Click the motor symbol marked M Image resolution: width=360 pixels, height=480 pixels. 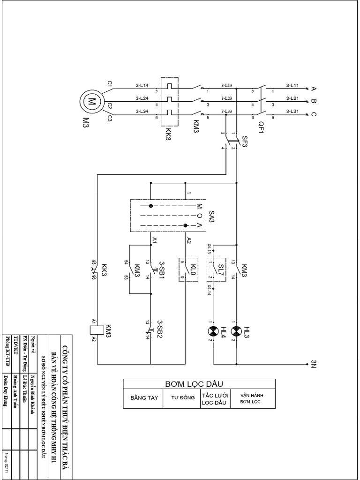[x=92, y=101]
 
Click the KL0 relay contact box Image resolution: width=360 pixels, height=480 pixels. [x=185, y=269]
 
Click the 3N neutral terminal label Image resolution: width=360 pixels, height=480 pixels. [x=314, y=365]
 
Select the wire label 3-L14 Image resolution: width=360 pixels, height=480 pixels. [x=142, y=85]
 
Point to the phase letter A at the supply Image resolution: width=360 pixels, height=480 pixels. [x=314, y=89]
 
